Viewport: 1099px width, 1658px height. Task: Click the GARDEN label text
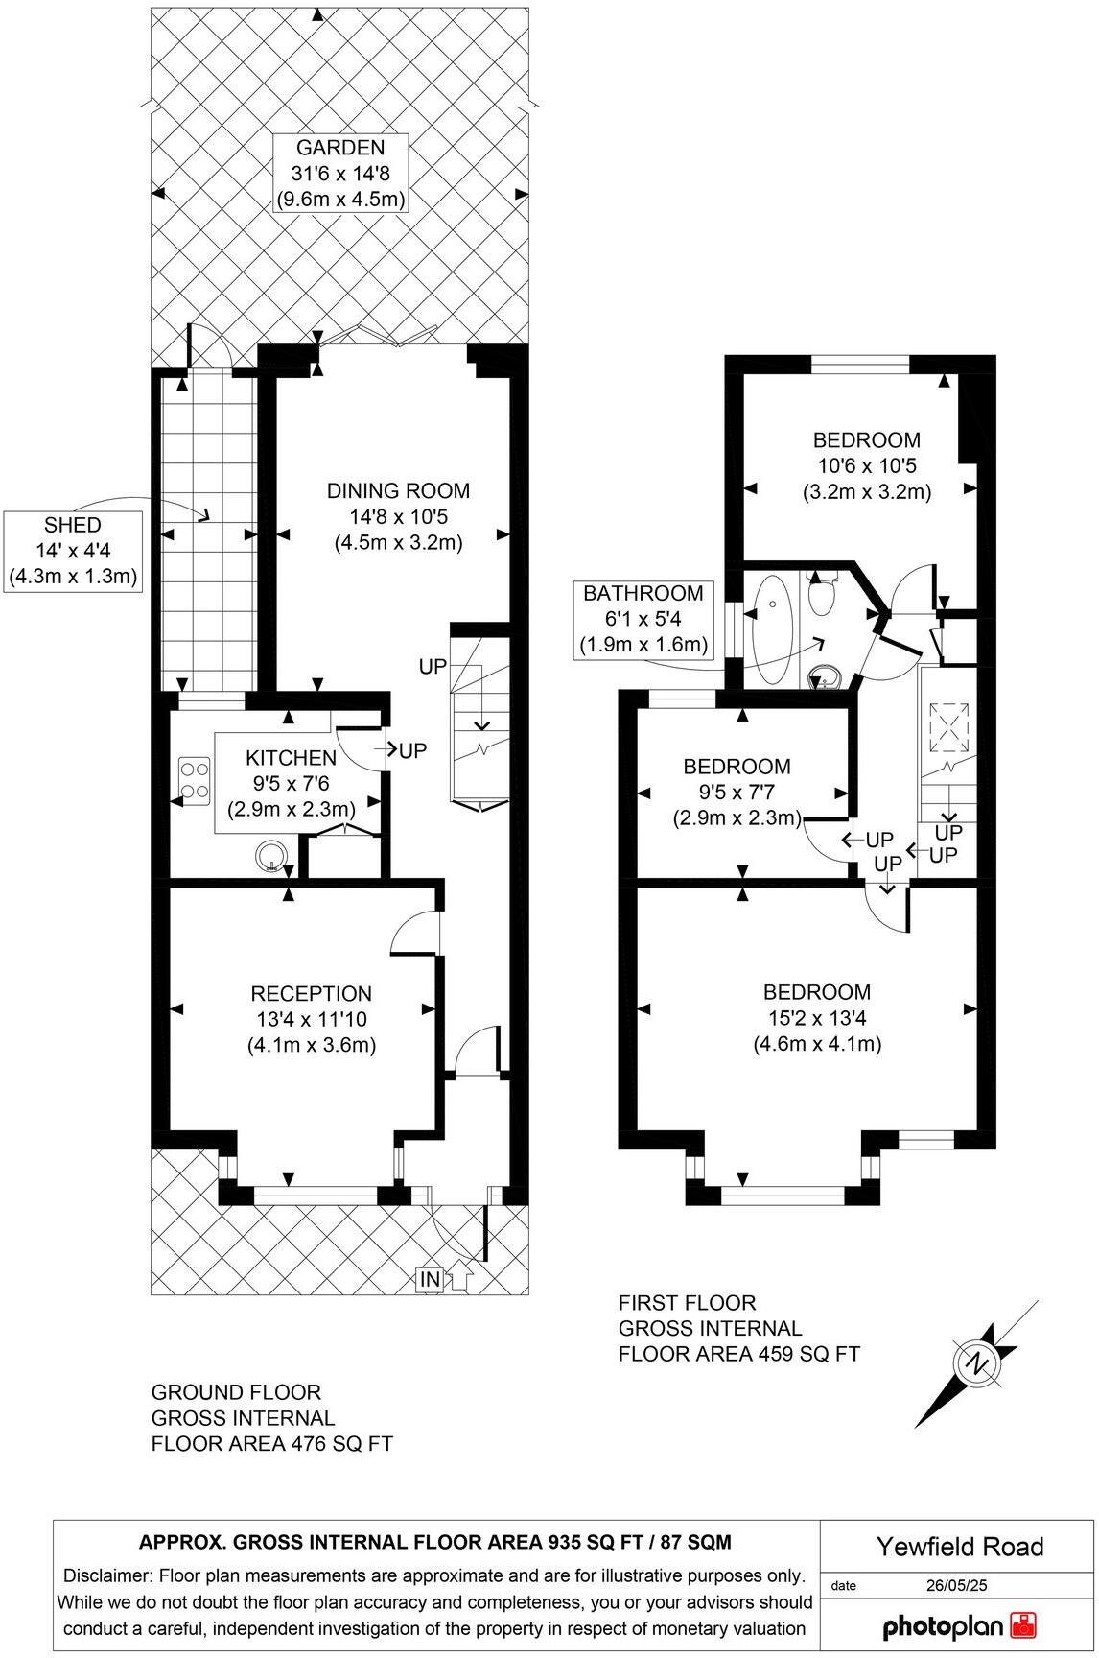pyautogui.click(x=339, y=174)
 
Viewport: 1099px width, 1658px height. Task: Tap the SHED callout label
pyautogui.click(x=73, y=551)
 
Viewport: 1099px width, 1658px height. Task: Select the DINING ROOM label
pyautogui.click(x=398, y=516)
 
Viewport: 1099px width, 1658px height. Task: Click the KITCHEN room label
pyautogui.click(x=291, y=783)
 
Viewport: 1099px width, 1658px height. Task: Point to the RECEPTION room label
pyautogui.click(x=311, y=1019)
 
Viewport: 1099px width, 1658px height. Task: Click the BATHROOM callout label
pyautogui.click(x=643, y=619)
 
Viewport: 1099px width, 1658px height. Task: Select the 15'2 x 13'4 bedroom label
pyautogui.click(x=816, y=1017)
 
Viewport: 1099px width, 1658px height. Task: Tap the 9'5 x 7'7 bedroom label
pyautogui.click(x=737, y=792)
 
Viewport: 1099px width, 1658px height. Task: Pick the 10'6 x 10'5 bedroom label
pyautogui.click(x=866, y=465)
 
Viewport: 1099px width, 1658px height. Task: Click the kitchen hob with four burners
pyautogui.click(x=194, y=779)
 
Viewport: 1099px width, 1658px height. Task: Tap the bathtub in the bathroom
pyautogui.click(x=772, y=628)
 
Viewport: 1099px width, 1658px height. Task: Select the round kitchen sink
pyautogui.click(x=272, y=856)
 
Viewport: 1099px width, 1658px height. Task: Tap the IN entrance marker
pyautogui.click(x=430, y=1279)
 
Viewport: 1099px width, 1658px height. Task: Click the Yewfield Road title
pyautogui.click(x=958, y=1547)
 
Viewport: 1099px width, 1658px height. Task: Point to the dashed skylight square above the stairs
pyautogui.click(x=950, y=727)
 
